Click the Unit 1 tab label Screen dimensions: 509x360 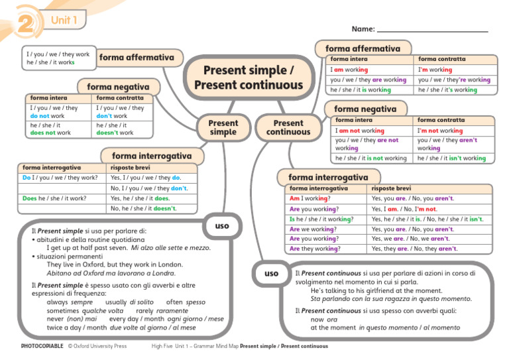[64, 20]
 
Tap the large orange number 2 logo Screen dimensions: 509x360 [27, 23]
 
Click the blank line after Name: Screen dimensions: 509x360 [433, 31]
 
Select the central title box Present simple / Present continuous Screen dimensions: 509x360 [249, 78]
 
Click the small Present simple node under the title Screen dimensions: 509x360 [223, 127]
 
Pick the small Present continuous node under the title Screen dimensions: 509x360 [288, 127]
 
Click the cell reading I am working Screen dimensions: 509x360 [370, 70]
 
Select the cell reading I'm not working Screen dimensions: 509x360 [454, 131]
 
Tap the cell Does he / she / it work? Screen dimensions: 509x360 [62, 198]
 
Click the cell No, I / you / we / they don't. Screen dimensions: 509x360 [152, 188]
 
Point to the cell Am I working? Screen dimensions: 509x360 [326, 198]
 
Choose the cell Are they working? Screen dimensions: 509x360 [326, 249]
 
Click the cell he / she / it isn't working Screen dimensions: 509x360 [454, 158]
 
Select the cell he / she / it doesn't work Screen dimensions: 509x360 [122, 129]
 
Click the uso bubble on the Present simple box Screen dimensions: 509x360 [222, 226]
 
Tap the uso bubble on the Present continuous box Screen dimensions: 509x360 [271, 273]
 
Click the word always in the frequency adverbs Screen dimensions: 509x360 [57, 302]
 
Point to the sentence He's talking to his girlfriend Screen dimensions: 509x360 [376, 290]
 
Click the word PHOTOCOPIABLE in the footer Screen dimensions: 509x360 [42, 346]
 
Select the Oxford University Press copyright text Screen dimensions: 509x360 [97, 346]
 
